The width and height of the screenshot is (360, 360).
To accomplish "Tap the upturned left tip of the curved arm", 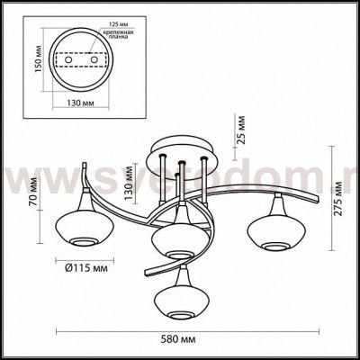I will click(83, 166).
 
